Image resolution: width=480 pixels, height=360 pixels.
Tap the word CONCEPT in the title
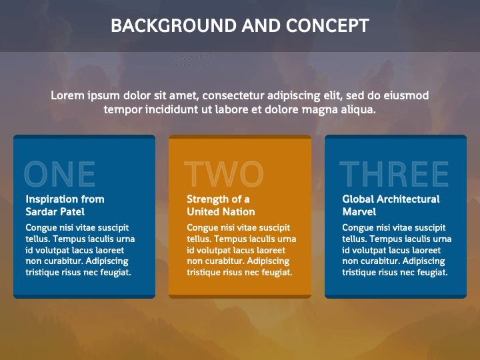(x=327, y=26)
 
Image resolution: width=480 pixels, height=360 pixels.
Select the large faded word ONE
(x=59, y=174)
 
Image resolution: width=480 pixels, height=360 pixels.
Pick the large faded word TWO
(x=223, y=174)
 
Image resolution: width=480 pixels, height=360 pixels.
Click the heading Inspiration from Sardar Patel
(x=65, y=205)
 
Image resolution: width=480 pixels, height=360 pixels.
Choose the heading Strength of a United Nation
(x=221, y=205)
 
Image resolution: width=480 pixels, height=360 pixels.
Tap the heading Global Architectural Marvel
(x=391, y=205)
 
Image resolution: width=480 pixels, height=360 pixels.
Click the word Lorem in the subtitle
(x=67, y=96)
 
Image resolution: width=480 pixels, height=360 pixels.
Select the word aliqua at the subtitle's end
(x=359, y=109)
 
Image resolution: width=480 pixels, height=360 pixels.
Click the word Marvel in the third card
(x=359, y=212)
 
